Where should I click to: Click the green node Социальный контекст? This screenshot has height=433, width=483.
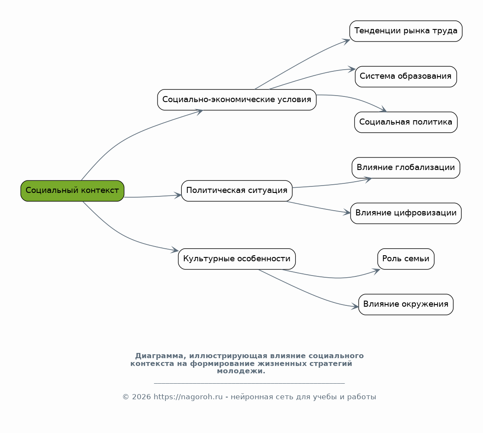click(72, 191)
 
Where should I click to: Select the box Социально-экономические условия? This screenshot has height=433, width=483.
click(237, 100)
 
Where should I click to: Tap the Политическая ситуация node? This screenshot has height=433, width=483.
click(237, 191)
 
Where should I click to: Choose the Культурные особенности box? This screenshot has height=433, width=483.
click(237, 259)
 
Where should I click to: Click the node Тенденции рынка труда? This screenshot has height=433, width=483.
click(406, 31)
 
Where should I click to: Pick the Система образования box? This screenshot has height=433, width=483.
click(406, 77)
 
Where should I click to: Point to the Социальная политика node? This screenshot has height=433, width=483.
click(406, 122)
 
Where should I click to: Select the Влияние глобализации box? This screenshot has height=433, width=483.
click(406, 168)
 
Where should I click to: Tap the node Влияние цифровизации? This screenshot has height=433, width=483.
click(406, 213)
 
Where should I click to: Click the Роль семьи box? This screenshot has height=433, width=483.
click(406, 259)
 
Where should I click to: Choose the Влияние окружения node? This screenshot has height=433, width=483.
click(406, 305)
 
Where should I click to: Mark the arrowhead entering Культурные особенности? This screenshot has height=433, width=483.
click(175, 250)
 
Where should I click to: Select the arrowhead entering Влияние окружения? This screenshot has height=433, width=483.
click(355, 307)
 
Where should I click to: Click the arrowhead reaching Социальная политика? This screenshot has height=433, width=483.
click(383, 110)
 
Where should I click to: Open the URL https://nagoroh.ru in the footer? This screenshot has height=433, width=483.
click(188, 397)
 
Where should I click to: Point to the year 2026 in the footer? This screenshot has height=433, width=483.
click(142, 397)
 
